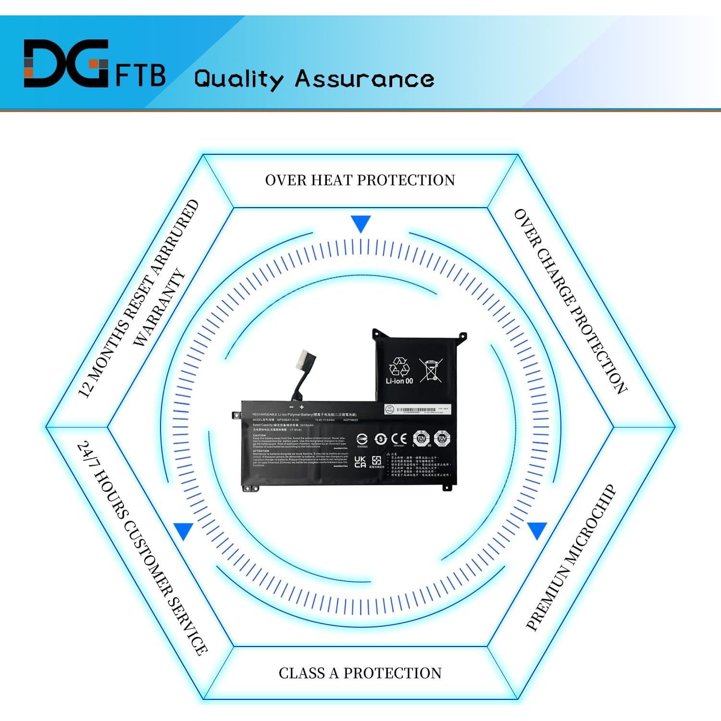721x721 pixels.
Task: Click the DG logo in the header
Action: pos(66,63)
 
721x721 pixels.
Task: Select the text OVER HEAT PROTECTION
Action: pos(360,180)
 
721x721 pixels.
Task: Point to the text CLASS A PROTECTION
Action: pos(360,673)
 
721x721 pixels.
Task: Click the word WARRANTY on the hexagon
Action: pos(159,308)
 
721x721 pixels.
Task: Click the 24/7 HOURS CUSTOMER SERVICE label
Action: pos(142,548)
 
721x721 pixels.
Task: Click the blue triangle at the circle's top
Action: pos(360,224)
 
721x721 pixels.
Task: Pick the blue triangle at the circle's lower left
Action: pos(184,531)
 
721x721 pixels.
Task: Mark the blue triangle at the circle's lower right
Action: pos(537,531)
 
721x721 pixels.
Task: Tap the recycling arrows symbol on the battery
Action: pos(399,367)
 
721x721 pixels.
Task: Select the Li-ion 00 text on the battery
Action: pos(399,381)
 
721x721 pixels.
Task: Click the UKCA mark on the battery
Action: pos(360,462)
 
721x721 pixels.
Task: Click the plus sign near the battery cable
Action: pos(302,407)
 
